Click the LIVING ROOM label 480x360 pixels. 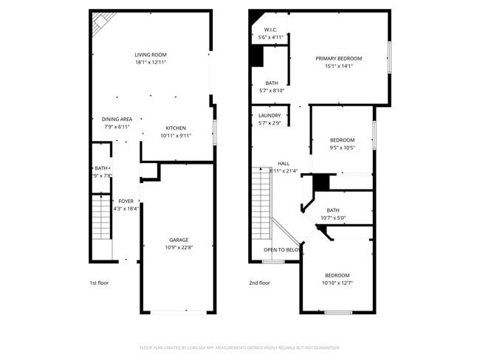point(151,55)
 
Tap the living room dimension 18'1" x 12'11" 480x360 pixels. point(151,63)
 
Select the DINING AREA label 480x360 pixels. point(117,120)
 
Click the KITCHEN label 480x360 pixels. point(176,128)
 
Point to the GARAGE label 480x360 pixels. point(179,240)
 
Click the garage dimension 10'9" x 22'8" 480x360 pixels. point(179,248)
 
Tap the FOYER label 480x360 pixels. point(126,201)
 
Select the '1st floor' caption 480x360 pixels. point(98,283)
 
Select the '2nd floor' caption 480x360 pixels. point(259,283)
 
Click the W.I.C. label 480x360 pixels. point(270,30)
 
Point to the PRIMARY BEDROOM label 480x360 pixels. point(339,58)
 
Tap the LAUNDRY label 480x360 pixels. point(270,116)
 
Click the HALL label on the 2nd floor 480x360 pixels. point(284,163)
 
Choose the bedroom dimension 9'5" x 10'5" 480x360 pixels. point(342,148)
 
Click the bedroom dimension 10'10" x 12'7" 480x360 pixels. point(337,283)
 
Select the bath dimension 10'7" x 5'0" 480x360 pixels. point(333,218)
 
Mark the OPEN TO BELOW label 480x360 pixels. point(281,250)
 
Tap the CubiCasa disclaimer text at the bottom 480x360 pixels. point(239,347)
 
